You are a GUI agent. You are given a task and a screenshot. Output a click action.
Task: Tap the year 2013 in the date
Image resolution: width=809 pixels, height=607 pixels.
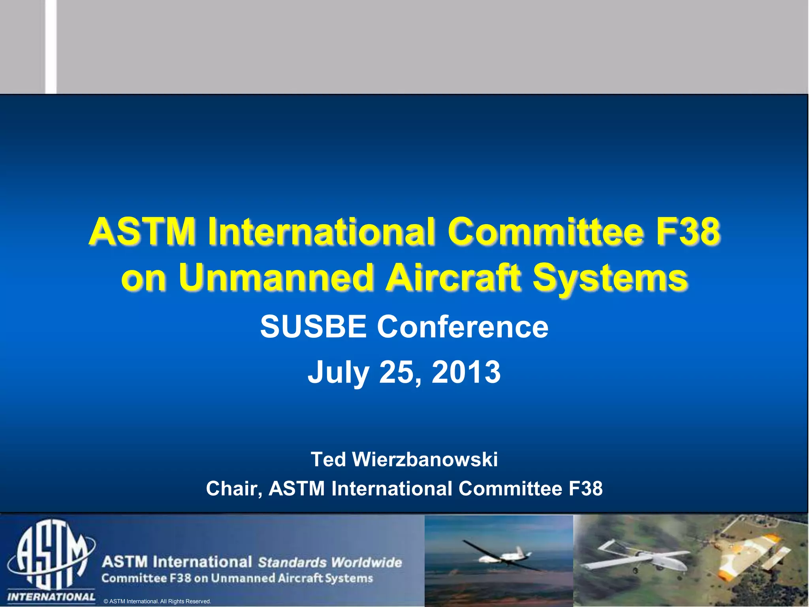pos(466,372)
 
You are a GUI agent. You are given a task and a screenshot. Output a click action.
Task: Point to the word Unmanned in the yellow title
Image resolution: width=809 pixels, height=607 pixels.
pos(275,277)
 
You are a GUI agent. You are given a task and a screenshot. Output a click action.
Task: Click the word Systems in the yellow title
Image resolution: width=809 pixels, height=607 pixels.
pos(610,278)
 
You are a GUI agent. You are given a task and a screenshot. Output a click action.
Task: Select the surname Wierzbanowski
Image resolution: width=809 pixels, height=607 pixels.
pos(425,460)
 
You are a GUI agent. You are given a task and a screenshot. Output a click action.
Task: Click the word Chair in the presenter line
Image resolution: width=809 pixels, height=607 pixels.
pos(233,489)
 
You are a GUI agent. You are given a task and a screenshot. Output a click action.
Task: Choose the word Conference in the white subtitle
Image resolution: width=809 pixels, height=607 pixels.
pos(463,327)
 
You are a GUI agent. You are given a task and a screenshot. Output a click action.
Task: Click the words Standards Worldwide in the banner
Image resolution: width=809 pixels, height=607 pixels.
pos(330,562)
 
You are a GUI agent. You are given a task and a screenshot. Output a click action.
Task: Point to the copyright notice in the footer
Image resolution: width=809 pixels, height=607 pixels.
pos(157,601)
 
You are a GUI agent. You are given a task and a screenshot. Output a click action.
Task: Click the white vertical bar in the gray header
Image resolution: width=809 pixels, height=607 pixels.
pos(51,47)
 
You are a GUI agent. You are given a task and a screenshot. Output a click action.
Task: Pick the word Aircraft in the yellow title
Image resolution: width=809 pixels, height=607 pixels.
pos(453,277)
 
